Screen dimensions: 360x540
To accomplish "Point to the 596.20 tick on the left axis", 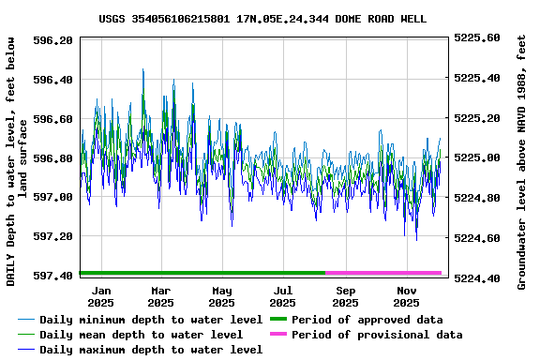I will click(53, 40).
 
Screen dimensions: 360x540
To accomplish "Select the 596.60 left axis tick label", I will click(53, 119).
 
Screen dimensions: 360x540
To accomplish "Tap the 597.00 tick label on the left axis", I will click(53, 197).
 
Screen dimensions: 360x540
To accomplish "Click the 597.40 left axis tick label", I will click(53, 276).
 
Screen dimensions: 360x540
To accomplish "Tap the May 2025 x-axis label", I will click(221, 296).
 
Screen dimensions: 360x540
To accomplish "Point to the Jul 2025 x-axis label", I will click(282, 296).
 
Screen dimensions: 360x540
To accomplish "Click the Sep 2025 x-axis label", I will click(345, 296).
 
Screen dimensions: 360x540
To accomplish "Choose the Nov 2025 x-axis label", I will click(406, 296).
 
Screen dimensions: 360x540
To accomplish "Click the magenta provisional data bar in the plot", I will click(383, 273).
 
